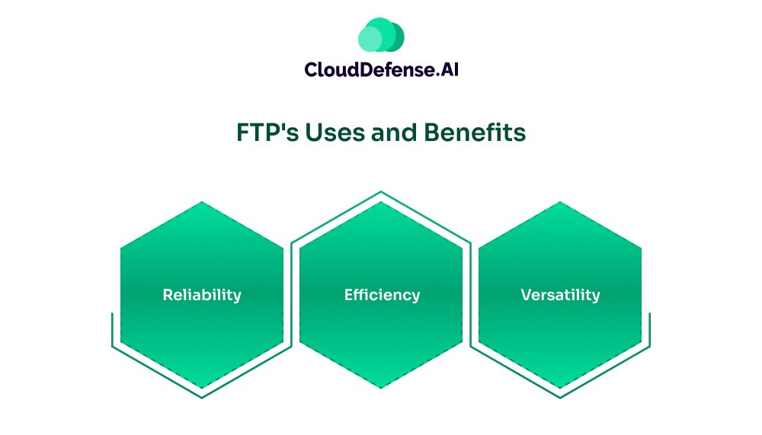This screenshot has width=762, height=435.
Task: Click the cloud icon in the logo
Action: [381, 34]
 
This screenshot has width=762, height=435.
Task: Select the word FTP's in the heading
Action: [267, 133]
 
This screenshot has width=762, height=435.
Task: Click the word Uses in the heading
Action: [335, 133]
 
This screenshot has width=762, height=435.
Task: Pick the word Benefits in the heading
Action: [475, 133]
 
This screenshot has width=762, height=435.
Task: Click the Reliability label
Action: [202, 295]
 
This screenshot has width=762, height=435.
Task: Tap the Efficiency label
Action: [382, 295]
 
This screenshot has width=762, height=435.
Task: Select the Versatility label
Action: [560, 295]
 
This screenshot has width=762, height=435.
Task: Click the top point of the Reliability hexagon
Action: [202, 202]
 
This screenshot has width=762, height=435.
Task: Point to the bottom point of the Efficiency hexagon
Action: [381, 389]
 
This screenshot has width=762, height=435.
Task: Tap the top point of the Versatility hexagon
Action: [560, 202]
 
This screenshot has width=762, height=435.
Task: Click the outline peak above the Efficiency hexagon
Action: [381, 191]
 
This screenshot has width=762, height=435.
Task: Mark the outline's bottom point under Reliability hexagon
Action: [202, 398]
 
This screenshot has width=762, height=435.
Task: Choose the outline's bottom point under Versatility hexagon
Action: [560, 398]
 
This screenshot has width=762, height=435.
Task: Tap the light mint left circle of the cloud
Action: [370, 39]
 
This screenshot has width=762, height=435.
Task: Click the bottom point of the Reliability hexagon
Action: [202, 389]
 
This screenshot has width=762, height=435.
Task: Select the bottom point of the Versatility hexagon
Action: [560, 389]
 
